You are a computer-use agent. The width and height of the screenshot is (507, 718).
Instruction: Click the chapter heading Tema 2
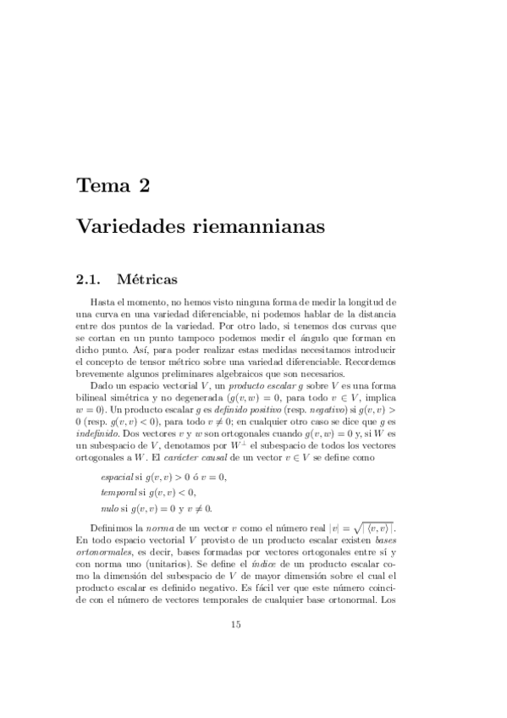click(113, 185)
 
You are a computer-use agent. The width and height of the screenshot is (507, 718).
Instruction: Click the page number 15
click(236, 624)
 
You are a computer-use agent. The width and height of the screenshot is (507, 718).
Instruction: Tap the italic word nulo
click(109, 508)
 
